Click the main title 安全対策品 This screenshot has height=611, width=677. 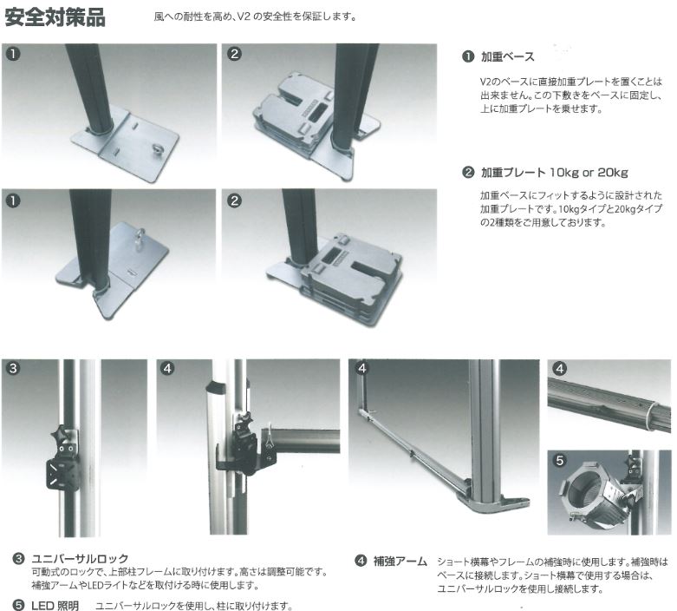coord(55,17)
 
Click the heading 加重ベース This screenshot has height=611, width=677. coord(507,56)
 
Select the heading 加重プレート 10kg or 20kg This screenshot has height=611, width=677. coord(555,173)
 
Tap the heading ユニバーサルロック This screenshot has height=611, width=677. coord(80,558)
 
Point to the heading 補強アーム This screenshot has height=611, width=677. coord(400,562)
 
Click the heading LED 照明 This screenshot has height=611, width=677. coord(55,606)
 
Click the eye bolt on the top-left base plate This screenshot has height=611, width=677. coord(154,150)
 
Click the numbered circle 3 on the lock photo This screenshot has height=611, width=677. coord(13,368)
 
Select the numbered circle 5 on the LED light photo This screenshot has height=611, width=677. coord(560,460)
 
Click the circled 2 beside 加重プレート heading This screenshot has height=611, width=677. coord(468,173)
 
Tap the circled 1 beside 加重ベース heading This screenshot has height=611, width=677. coord(468,56)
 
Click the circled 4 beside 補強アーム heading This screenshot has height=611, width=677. coord(361,562)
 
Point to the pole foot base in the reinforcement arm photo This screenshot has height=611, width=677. coord(495,504)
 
